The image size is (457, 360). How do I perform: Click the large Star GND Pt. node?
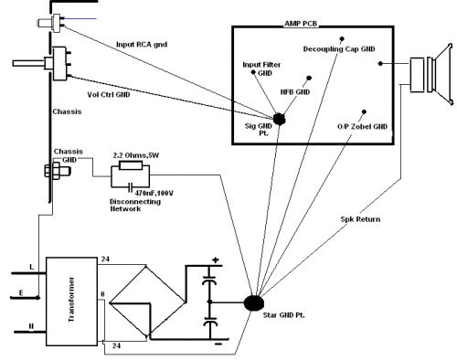tap(254, 302)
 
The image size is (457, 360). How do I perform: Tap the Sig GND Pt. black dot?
tap(279, 119)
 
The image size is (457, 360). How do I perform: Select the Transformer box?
tap(71, 302)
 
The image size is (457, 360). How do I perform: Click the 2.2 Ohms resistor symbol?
tap(131, 165)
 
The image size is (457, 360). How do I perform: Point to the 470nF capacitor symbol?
tap(131, 186)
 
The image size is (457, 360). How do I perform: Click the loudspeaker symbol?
tap(431, 75)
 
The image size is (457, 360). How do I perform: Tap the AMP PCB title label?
tap(301, 24)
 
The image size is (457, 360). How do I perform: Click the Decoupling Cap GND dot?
tap(342, 39)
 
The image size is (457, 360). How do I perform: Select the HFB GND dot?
tap(309, 79)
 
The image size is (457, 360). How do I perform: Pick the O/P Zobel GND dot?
tap(364, 111)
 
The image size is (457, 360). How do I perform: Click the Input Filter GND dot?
tap(253, 72)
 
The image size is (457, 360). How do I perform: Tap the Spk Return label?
tap(360, 219)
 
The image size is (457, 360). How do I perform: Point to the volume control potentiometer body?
tap(59, 64)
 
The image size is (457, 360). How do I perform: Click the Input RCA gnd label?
tap(142, 45)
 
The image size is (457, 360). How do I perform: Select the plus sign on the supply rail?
tap(216, 260)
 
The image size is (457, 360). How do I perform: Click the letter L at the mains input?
tap(32, 267)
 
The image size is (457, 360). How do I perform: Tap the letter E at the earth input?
tap(21, 293)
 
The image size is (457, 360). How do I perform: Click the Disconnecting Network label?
tap(135, 206)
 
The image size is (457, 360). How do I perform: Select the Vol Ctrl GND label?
tap(109, 94)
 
